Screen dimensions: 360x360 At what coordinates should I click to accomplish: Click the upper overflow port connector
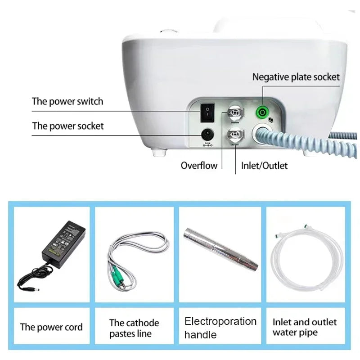pyautogui.click(x=234, y=112)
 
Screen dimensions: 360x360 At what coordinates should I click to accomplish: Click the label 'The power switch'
pyautogui.click(x=67, y=101)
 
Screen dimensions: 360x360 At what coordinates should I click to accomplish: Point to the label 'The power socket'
pyautogui.click(x=67, y=126)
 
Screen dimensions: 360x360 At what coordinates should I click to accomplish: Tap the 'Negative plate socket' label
pyautogui.click(x=296, y=77)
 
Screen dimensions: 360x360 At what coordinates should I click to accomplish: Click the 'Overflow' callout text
pyautogui.click(x=199, y=166)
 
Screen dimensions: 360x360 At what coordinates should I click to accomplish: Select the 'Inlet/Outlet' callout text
pyautogui.click(x=264, y=166)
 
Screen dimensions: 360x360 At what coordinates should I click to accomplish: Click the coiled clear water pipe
pyautogui.click(x=306, y=256)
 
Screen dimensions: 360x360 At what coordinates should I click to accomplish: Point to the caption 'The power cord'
pyautogui.click(x=51, y=327)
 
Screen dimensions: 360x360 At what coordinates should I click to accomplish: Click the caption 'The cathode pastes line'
pyautogui.click(x=134, y=328)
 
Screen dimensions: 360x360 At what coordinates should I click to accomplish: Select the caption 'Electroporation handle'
pyautogui.click(x=220, y=328)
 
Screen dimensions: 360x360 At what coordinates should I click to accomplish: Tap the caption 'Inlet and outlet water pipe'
pyautogui.click(x=305, y=327)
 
